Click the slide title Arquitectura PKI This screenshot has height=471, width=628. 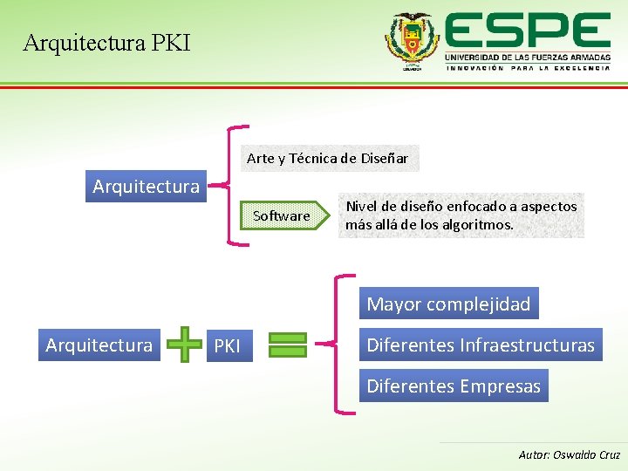coord(106,42)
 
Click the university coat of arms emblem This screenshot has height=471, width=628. coord(413,41)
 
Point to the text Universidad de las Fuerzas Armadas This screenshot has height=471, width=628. coord(527,56)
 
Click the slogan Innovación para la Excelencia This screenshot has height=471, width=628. coord(527,68)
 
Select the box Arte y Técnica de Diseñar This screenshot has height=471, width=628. coord(327,158)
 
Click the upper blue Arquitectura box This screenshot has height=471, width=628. coord(146,186)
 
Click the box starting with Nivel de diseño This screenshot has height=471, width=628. coord(461,215)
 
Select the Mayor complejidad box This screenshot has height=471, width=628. coord(448,304)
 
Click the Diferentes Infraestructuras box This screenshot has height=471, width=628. coord(480,345)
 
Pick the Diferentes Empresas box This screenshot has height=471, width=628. coord(454,386)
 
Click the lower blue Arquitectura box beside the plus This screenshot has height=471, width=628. coord(99,345)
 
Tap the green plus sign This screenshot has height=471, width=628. coord(183,345)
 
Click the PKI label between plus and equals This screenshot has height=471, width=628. coord(227,346)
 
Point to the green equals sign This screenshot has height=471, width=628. coord(287,345)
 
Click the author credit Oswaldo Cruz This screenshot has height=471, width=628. coord(570,454)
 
